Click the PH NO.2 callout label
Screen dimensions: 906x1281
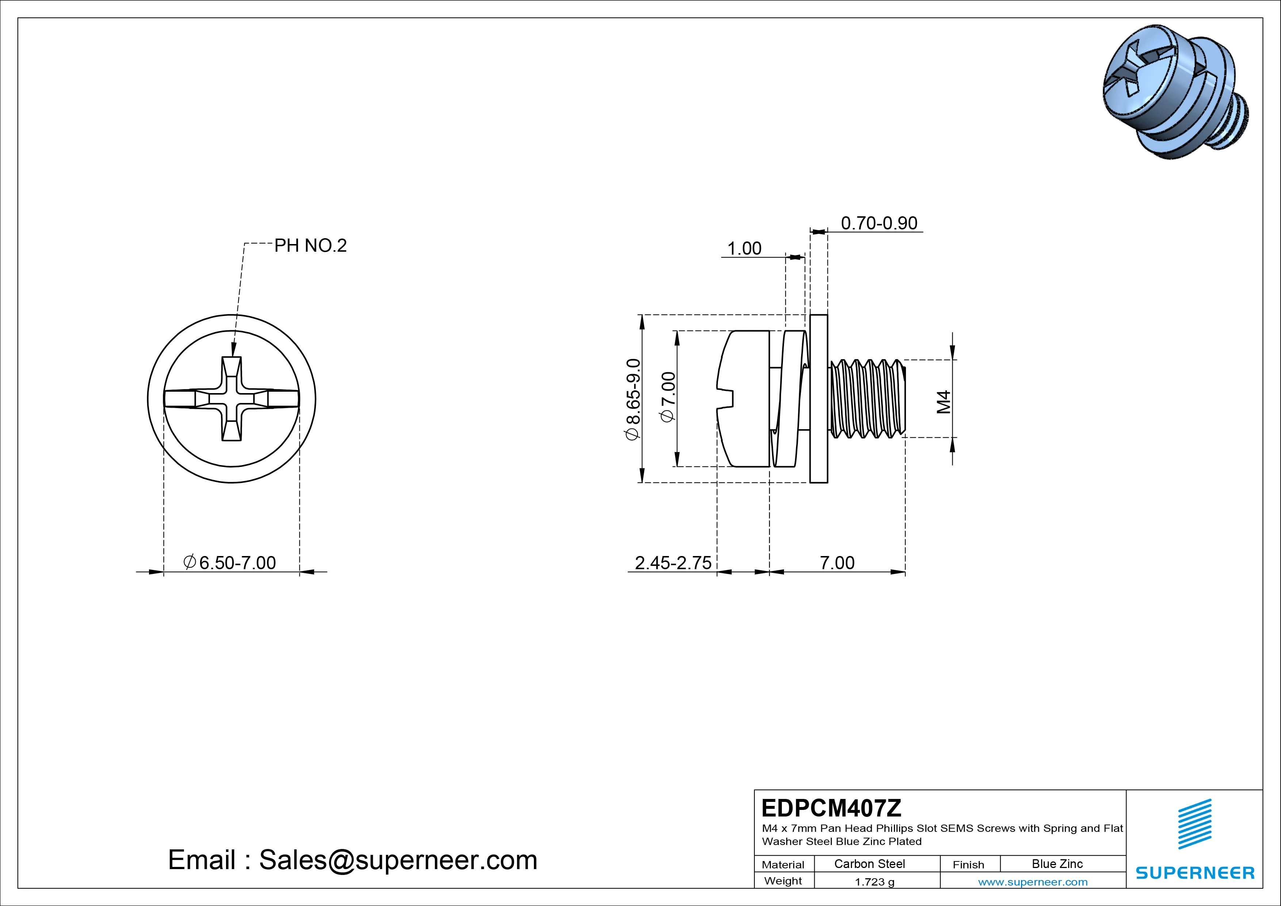[x=310, y=245]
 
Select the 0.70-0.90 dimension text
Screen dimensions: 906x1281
[x=879, y=223]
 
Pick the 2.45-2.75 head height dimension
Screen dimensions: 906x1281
[x=673, y=563]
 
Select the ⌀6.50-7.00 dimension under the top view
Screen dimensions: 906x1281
[x=230, y=563]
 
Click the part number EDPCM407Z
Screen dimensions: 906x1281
[x=831, y=808]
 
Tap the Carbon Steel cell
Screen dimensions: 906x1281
[x=869, y=864]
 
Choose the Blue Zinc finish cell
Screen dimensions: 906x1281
[x=1057, y=864]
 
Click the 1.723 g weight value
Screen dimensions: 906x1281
[x=874, y=882]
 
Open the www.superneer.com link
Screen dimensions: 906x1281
[x=1032, y=882]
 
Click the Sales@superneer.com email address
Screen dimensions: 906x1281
[x=398, y=860]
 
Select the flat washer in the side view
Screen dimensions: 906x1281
[x=818, y=399]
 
